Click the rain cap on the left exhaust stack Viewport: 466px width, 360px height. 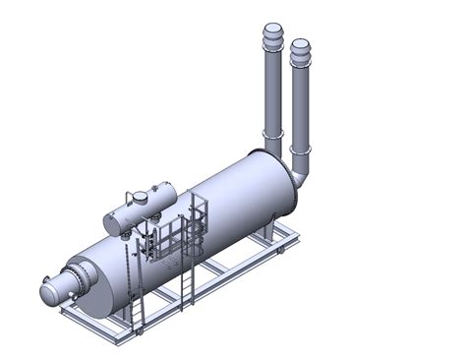click(271, 36)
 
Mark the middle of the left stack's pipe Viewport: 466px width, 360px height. click(269, 89)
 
